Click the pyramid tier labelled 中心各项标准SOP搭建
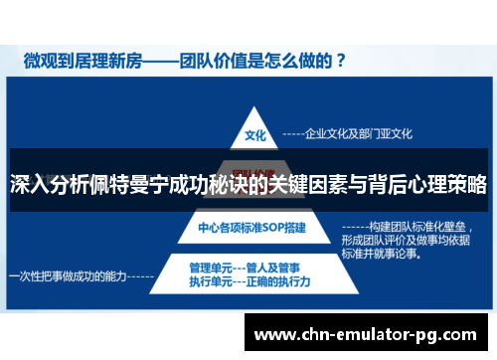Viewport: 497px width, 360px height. pyautogui.click(x=252, y=228)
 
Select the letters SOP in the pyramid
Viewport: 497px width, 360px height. pyautogui.click(x=270, y=228)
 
